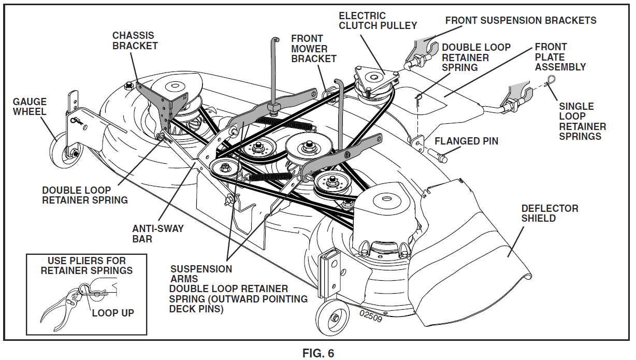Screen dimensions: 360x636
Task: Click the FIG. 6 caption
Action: [318, 353]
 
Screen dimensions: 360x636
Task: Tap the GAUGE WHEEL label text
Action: [30, 107]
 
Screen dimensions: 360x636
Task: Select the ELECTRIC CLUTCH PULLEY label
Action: [378, 21]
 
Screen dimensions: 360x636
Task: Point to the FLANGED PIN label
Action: [466, 141]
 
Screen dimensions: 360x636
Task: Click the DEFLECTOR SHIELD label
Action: [550, 213]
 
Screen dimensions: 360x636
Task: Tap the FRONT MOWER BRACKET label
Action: [313, 49]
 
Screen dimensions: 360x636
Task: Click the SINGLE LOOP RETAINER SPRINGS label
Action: [582, 121]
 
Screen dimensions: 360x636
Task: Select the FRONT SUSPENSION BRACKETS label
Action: [521, 21]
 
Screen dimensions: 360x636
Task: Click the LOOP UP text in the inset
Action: [113, 313]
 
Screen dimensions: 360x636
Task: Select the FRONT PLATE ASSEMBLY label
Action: [560, 57]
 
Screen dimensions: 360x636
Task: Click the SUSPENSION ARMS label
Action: [201, 274]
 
